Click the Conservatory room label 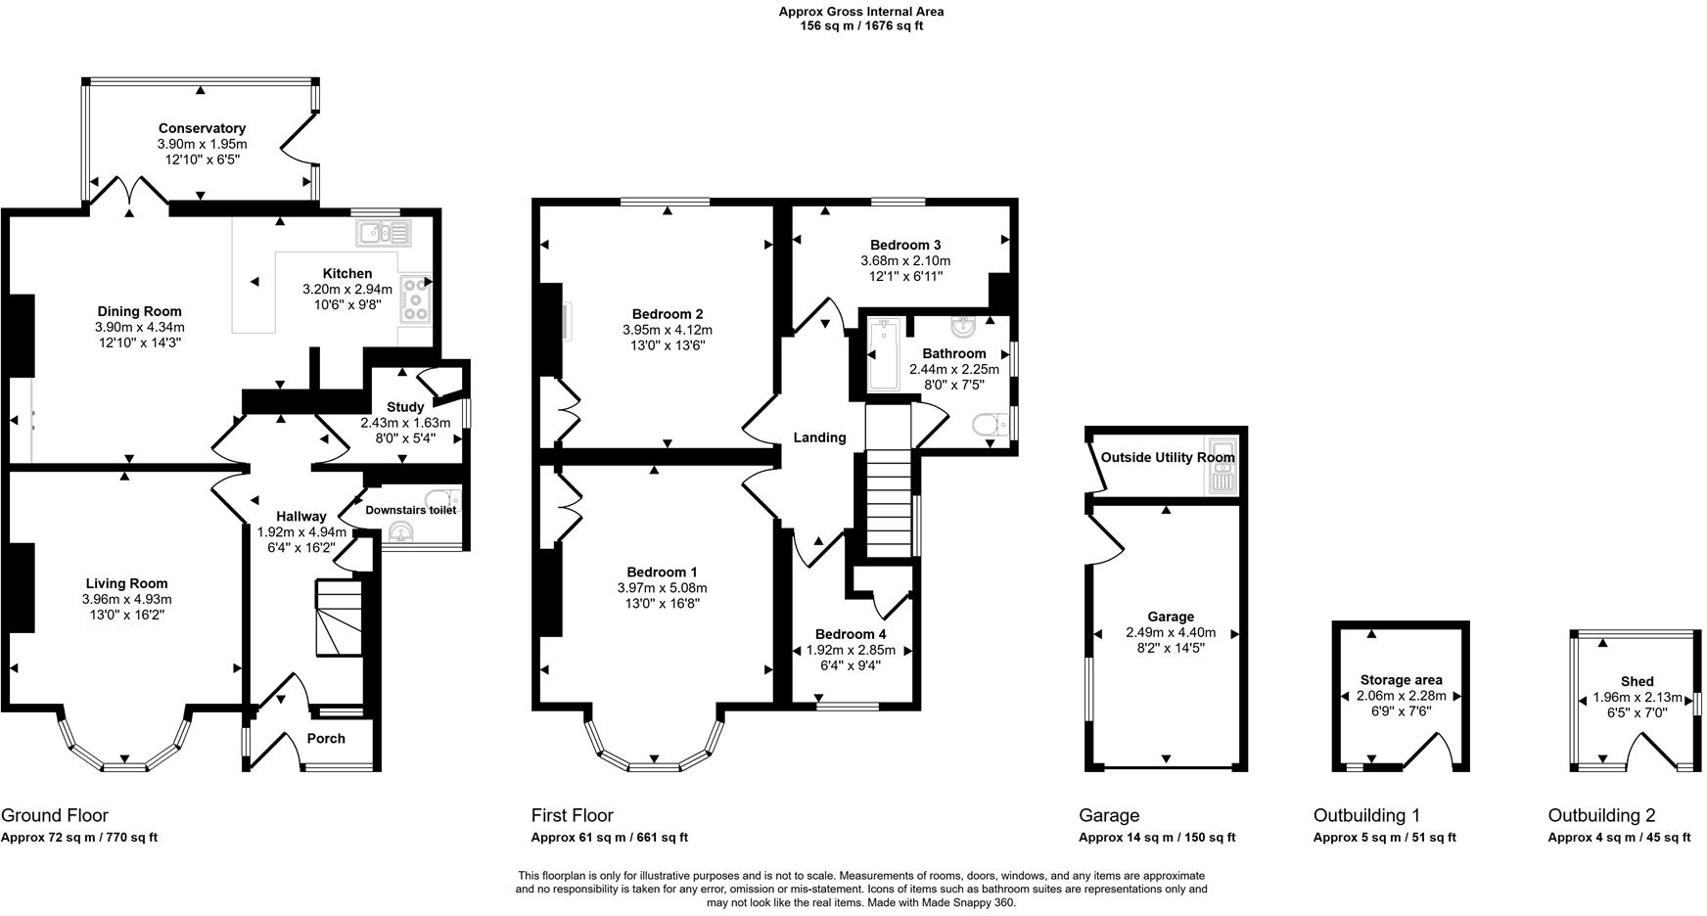point(202,128)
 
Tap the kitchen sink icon point(385,233)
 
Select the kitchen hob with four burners point(417,298)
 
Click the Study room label point(405,407)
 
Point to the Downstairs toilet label point(410,510)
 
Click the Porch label point(326,739)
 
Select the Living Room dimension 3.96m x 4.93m point(126,600)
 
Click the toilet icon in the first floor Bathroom point(992,425)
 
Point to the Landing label point(819,437)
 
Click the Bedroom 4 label point(851,634)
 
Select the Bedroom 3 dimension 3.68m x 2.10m point(905,261)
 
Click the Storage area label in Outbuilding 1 point(1401,680)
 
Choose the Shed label point(1637,681)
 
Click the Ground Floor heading point(55,815)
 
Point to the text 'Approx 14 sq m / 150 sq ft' point(1156,838)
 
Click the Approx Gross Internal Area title point(861,12)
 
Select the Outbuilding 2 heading point(1601,815)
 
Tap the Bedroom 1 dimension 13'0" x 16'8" point(662,604)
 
